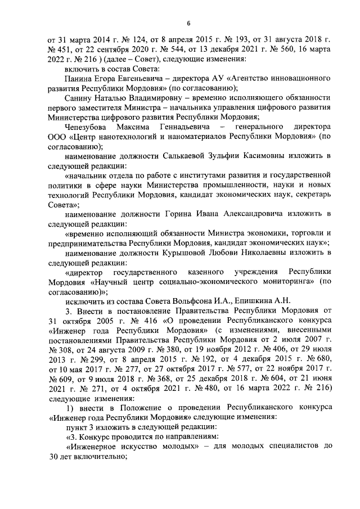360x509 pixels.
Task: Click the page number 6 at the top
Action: [x=188, y=22]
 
